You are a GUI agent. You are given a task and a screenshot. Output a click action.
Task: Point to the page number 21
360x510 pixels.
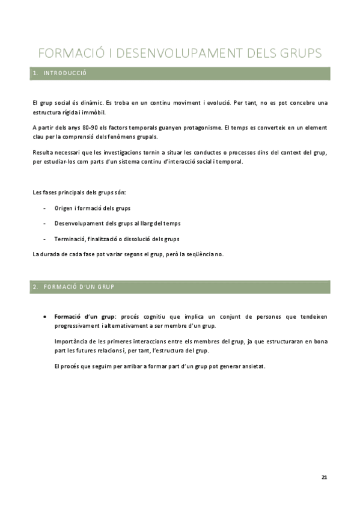325,477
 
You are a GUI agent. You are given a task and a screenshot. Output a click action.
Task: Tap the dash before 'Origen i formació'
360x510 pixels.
47,208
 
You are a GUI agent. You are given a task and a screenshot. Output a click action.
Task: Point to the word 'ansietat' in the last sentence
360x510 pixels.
252,366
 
